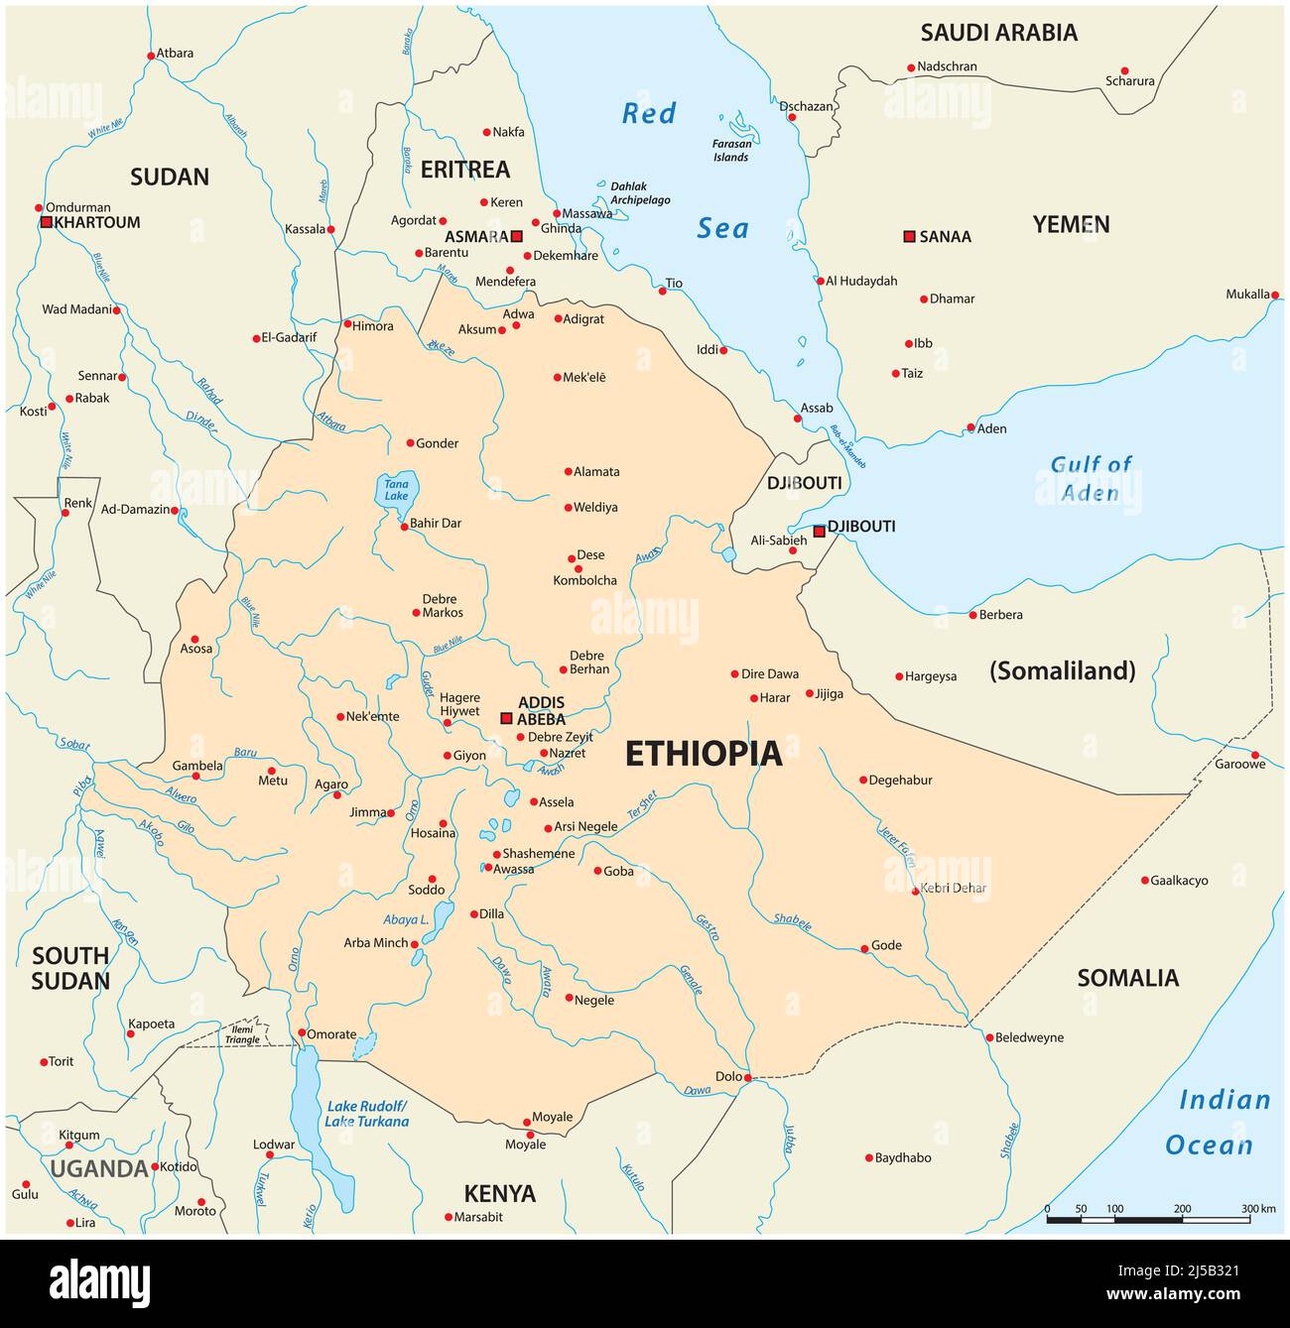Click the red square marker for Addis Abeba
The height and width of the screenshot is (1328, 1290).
[x=506, y=718]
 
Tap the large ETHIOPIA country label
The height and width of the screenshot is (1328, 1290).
[x=703, y=755]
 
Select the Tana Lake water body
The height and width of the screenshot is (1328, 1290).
[x=397, y=490]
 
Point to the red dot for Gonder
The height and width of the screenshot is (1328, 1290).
[x=410, y=443]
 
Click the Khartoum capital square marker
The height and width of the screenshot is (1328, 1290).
[x=46, y=222]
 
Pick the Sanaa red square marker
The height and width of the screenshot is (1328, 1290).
[x=908, y=236]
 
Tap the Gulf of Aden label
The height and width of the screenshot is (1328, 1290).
[x=1091, y=478]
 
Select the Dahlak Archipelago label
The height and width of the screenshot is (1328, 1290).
[x=639, y=193]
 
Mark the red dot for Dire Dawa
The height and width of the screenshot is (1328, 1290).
[x=735, y=673]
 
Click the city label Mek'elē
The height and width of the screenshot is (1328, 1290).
[x=583, y=378]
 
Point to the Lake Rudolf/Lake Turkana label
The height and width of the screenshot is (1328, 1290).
[x=367, y=1114]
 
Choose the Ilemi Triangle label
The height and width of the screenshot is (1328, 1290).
[x=242, y=1034]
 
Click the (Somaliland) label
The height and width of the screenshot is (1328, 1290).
[x=1062, y=670]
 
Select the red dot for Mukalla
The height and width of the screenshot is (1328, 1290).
[x=1274, y=295]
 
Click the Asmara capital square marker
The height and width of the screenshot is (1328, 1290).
[x=516, y=236]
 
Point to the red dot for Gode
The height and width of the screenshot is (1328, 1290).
[x=863, y=948]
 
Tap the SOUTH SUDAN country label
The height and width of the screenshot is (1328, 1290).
[x=70, y=968]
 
